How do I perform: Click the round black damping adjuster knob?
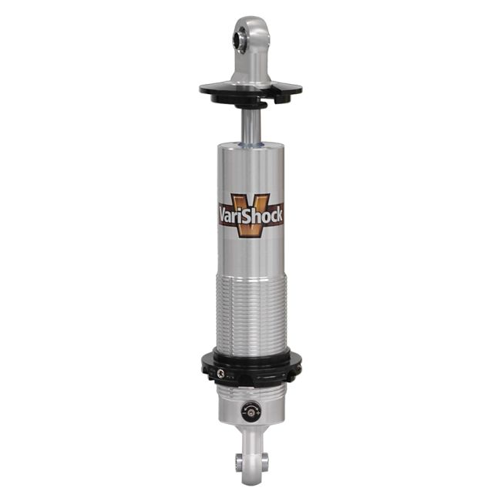(x=250, y=412)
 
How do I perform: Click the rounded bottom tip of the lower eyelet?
(x=250, y=482)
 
